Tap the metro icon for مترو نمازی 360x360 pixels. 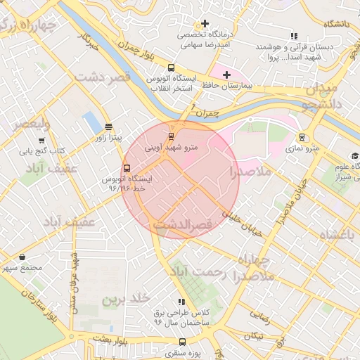[x=302, y=137]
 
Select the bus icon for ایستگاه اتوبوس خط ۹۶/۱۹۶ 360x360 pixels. [x=127, y=168]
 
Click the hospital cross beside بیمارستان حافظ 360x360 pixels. [x=226, y=75]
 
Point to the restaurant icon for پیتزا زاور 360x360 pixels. [x=108, y=127]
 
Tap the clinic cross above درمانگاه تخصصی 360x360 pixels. [x=205, y=24]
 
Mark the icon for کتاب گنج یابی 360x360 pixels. [x=41, y=140]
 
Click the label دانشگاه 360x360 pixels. [x=336, y=24]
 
